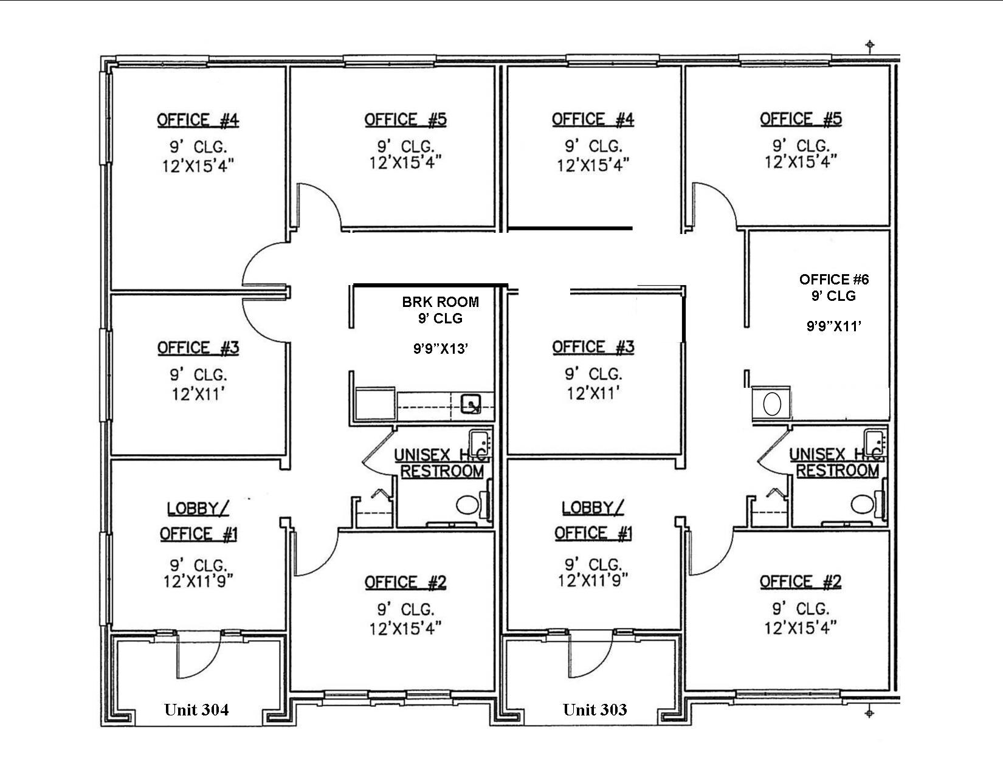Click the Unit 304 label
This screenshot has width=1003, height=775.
(196, 709)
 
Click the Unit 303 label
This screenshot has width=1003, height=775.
(595, 709)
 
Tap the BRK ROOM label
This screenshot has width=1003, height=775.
(440, 302)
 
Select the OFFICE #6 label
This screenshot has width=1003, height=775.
(834, 280)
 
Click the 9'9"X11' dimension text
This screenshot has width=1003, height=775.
(834, 326)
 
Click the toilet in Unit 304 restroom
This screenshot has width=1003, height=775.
(467, 504)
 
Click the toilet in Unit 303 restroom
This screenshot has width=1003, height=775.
(861, 504)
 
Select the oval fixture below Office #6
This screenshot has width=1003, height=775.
(771, 404)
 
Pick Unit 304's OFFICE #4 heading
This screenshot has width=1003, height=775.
(198, 120)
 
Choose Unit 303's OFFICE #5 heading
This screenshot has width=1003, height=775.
(801, 119)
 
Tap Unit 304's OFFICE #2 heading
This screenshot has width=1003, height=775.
(405, 582)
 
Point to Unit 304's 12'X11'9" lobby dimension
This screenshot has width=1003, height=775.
(198, 581)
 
